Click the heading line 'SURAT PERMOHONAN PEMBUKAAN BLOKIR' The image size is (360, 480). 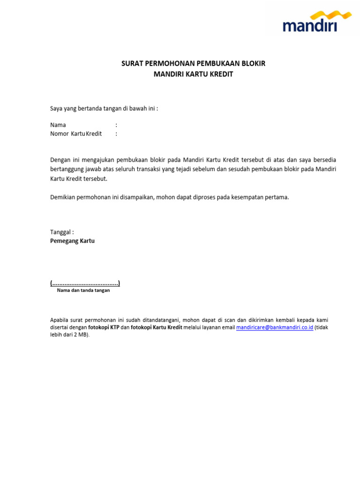[193, 63]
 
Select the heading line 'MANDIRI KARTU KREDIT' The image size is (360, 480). [193, 74]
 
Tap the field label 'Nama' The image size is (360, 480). [58, 125]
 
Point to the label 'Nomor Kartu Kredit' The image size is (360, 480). [76, 134]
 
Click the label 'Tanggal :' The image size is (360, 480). [62, 232]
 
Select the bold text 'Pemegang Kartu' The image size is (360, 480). [72, 241]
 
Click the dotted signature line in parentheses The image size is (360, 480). [85, 283]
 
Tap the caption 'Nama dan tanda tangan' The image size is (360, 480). [83, 291]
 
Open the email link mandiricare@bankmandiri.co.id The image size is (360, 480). [275, 328]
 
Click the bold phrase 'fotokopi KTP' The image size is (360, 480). [104, 328]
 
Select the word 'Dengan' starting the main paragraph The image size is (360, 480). [60, 160]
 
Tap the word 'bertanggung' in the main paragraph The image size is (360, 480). [66, 169]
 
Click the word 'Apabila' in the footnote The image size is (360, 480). [59, 320]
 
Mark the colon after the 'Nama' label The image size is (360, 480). [116, 125]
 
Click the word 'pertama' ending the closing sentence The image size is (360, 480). [277, 197]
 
